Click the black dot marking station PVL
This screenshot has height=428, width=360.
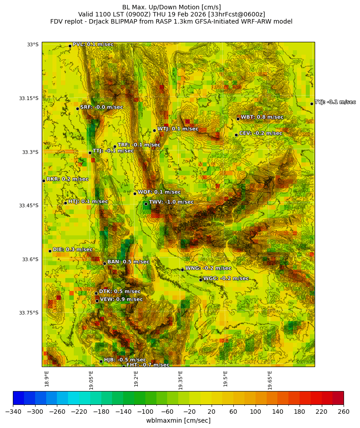tap(70, 46)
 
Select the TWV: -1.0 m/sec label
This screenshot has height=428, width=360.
tap(171, 202)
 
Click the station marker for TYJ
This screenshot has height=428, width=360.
tap(312, 104)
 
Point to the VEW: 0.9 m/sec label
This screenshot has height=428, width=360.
tap(121, 299)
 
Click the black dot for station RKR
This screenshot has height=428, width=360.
tap(44, 181)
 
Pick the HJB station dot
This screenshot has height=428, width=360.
tap(101, 361)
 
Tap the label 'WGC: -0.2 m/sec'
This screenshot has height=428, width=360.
tap(226, 279)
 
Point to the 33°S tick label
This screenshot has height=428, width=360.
tap(33, 44)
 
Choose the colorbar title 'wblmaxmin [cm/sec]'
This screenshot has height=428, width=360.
tap(178, 420)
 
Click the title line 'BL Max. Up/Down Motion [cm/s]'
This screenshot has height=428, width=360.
tap(171, 7)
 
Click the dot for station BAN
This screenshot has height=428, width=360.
tap(104, 263)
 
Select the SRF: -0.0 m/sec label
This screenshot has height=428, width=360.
tap(101, 107)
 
